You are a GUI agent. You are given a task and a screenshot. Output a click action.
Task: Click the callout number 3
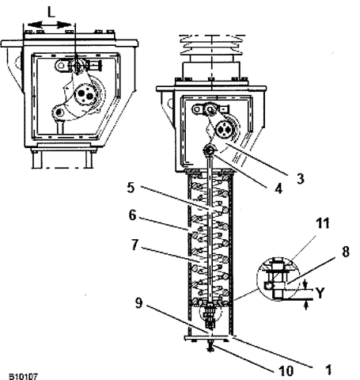pyautogui.click(x=300, y=178)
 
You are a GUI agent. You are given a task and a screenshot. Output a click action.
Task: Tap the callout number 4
pyautogui.click(x=279, y=189)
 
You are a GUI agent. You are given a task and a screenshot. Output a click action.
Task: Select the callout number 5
pyautogui.click(x=131, y=188)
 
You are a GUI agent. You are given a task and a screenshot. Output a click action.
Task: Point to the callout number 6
pyautogui.click(x=132, y=215)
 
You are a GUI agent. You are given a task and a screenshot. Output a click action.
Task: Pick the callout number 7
pyautogui.click(x=135, y=245)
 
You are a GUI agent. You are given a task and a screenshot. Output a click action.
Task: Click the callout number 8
pyautogui.click(x=346, y=252)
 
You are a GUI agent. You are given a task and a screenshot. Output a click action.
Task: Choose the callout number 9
pyautogui.click(x=139, y=302)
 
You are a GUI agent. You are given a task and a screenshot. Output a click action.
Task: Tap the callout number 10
pyautogui.click(x=286, y=370)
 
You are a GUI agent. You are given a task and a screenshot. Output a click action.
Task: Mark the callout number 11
pyautogui.click(x=323, y=223)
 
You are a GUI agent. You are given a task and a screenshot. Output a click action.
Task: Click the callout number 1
pyautogui.click(x=328, y=370)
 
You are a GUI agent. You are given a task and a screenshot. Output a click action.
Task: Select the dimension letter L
pyautogui.click(x=51, y=12)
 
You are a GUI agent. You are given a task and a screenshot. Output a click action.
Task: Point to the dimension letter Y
pyautogui.click(x=320, y=293)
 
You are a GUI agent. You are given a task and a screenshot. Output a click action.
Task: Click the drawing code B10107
pyautogui.click(x=24, y=376)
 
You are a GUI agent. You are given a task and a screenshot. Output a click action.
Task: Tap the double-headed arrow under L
pyautogui.click(x=50, y=25)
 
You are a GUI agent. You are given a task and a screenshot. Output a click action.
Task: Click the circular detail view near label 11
pyautogui.click(x=279, y=279)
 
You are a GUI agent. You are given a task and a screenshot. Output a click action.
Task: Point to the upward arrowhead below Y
pyautogui.click(x=305, y=306)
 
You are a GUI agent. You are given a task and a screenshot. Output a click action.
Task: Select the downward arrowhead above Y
pyautogui.click(x=305, y=284)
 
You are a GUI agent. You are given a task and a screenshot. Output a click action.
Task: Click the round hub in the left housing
pyautogui.click(x=85, y=94)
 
